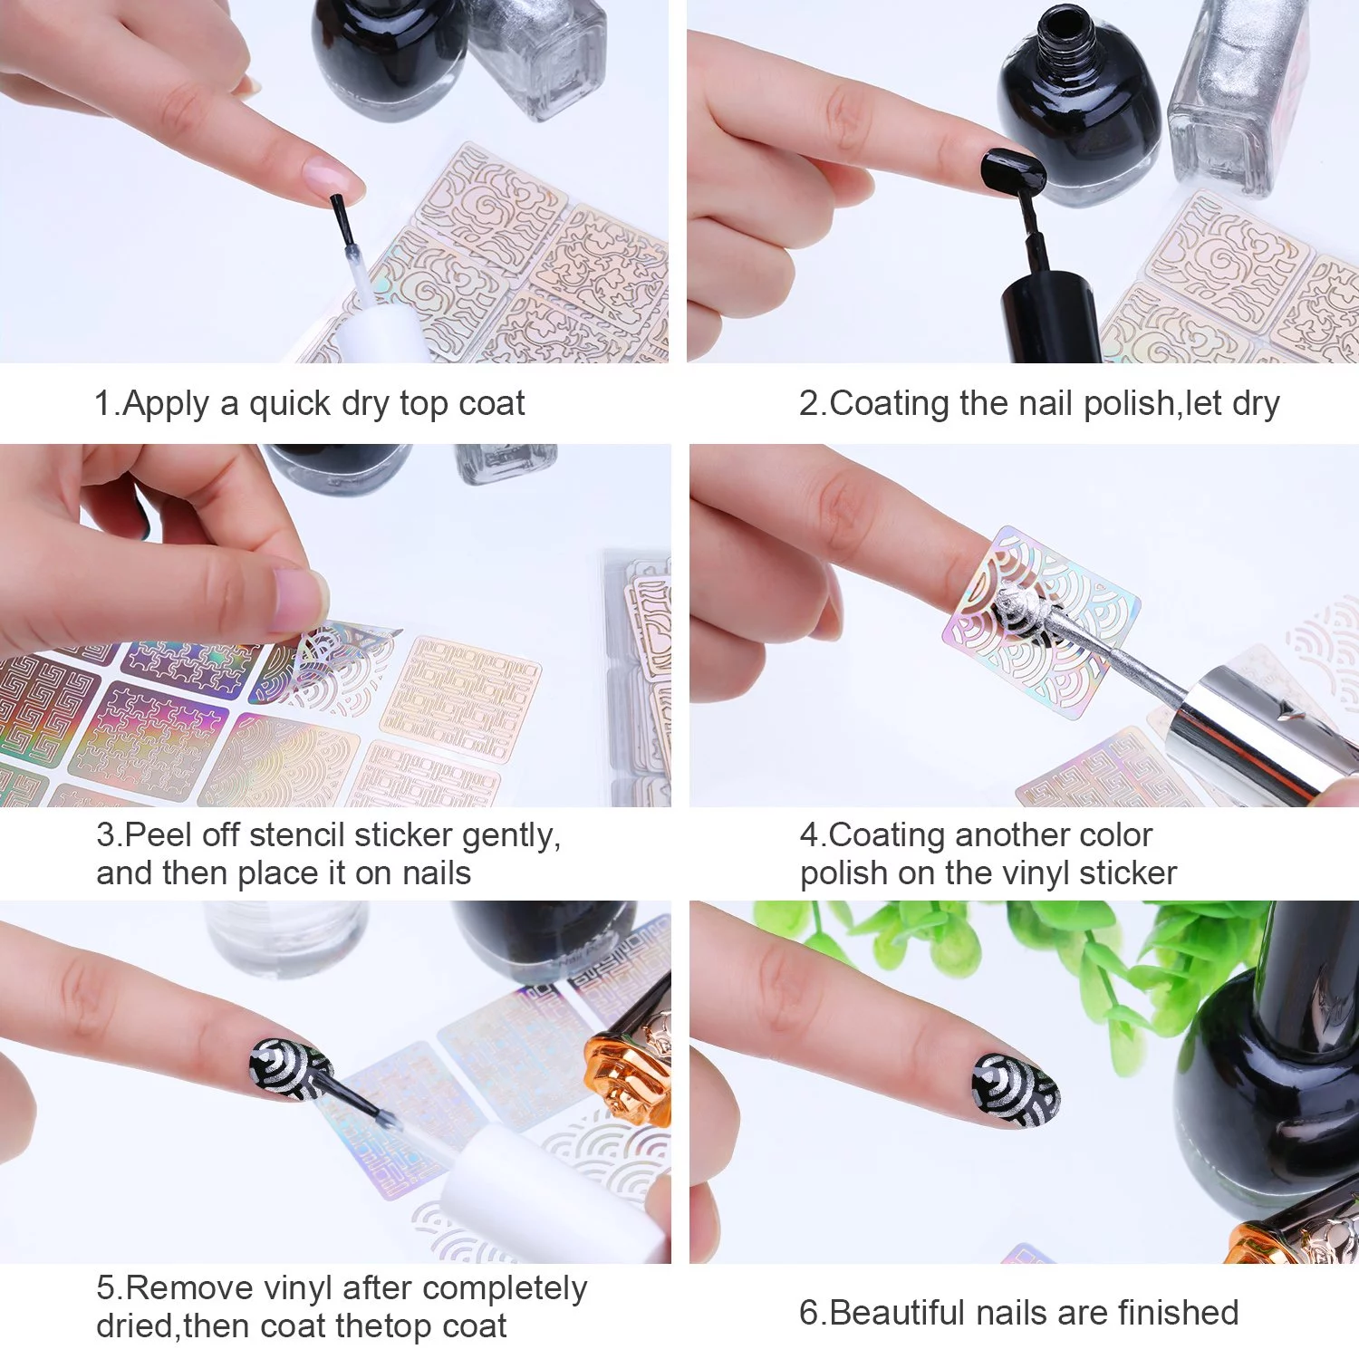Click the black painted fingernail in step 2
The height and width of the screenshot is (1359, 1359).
pyautogui.click(x=1013, y=170)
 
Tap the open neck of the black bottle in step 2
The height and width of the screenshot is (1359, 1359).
pyautogui.click(x=1063, y=24)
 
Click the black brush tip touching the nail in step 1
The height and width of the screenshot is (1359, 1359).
pyautogui.click(x=339, y=219)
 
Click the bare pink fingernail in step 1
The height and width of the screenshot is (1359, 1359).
pyautogui.click(x=332, y=178)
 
